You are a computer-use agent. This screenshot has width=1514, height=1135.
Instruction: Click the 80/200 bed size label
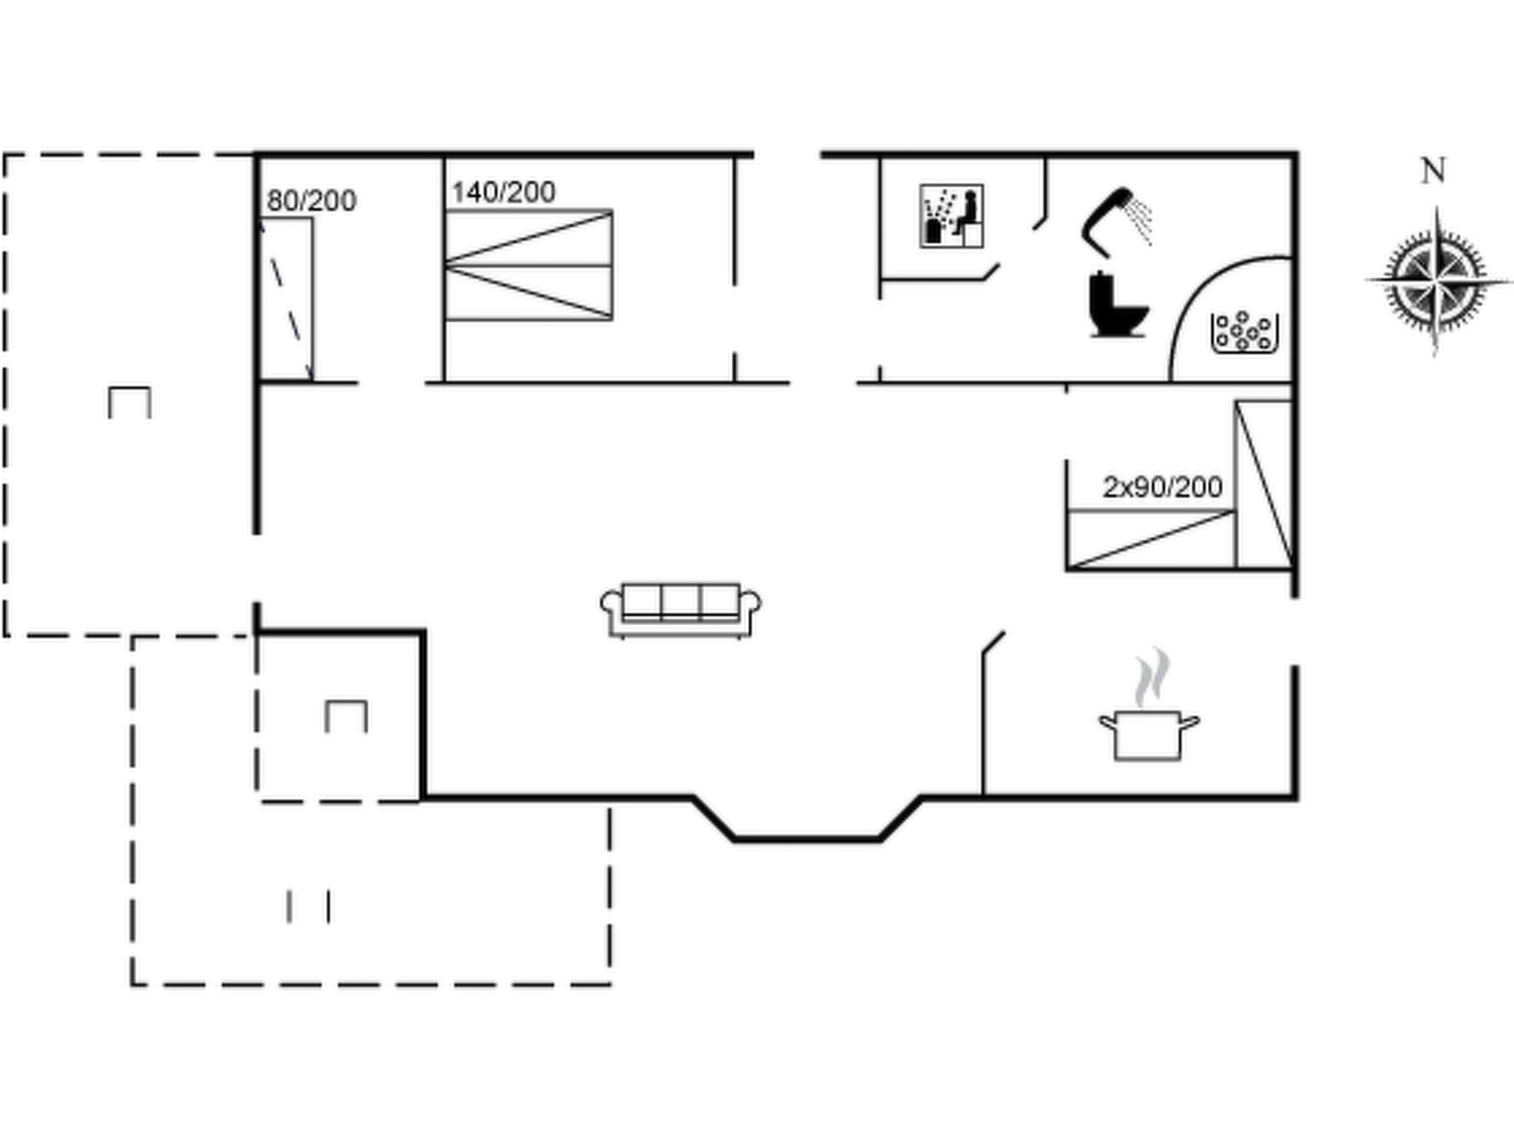[x=311, y=200]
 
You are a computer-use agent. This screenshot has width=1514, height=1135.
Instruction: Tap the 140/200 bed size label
[x=503, y=192]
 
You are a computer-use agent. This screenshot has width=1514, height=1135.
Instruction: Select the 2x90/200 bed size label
[x=1162, y=487]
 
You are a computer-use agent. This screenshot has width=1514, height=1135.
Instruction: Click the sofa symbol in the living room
[x=681, y=610]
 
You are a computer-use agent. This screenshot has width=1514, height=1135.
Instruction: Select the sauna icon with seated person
[x=951, y=216]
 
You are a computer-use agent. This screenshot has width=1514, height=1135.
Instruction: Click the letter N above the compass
[x=1433, y=171]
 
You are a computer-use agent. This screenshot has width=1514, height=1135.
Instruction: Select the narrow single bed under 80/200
[x=286, y=299]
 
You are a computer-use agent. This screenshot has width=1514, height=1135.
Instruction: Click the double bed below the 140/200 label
[x=529, y=265]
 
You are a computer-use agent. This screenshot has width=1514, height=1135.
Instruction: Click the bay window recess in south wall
[x=807, y=819]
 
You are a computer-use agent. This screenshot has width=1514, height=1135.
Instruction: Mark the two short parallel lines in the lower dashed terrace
[x=309, y=907]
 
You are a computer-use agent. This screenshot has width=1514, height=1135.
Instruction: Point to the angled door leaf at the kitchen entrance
[x=994, y=643]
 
